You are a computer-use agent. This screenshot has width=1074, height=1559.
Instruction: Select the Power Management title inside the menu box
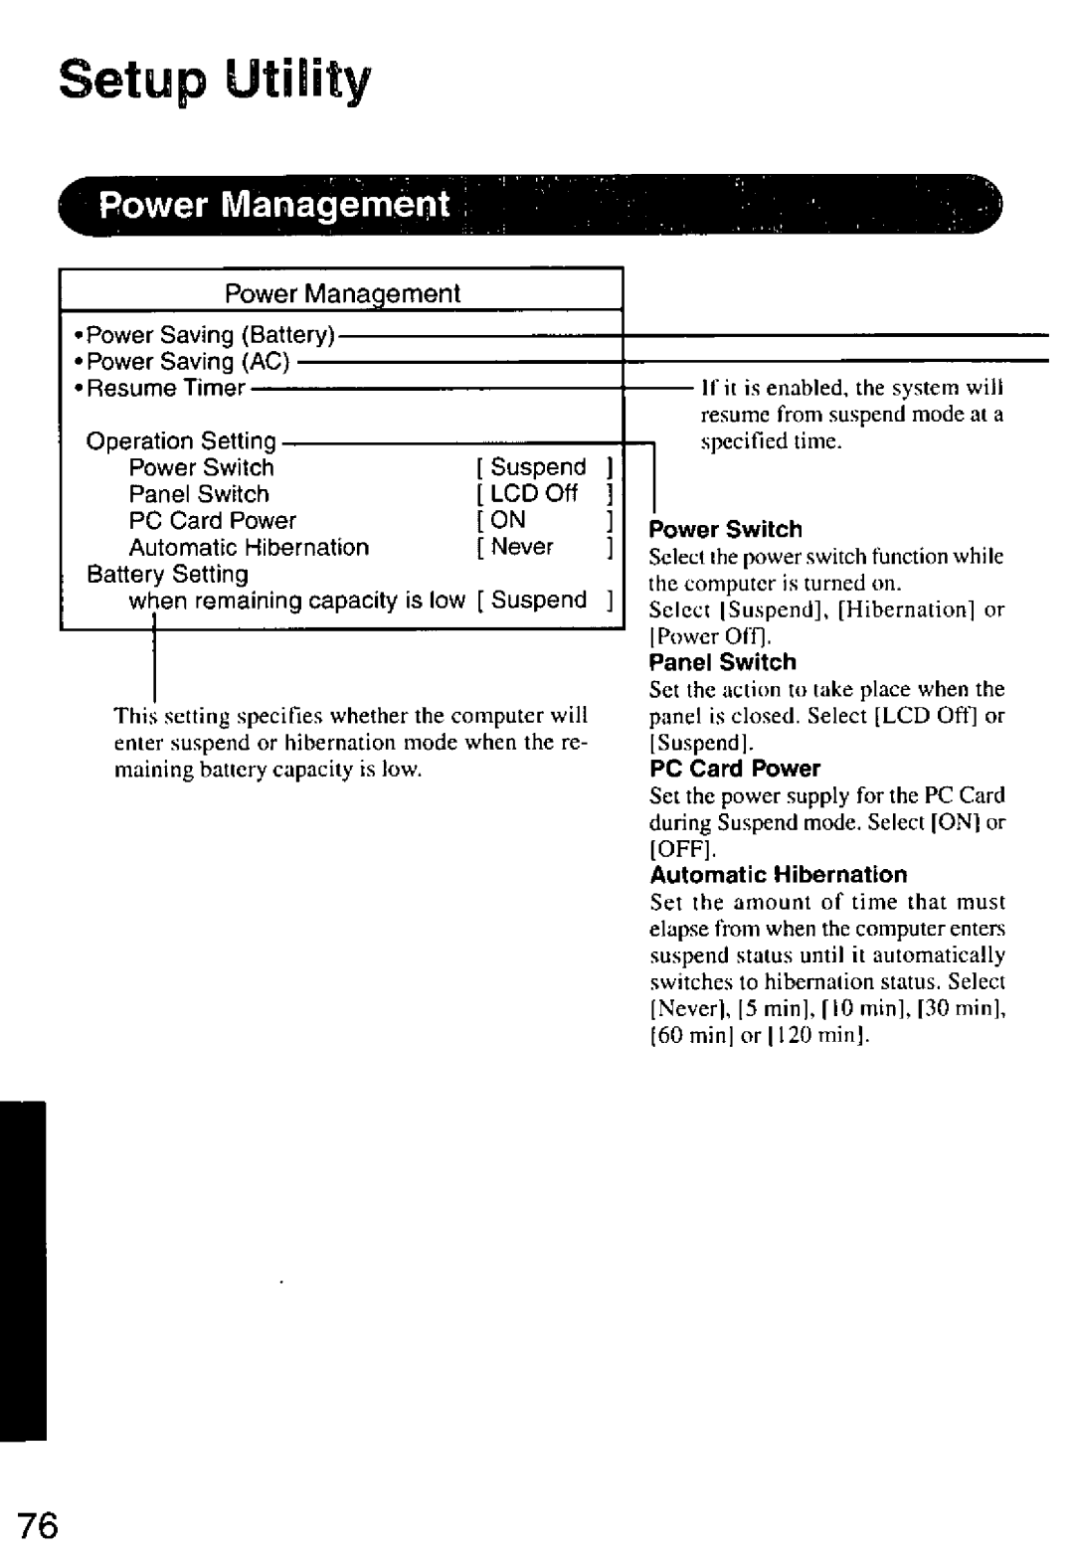pyautogui.click(x=342, y=293)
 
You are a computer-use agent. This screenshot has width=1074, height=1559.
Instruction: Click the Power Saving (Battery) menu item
pyautogui.click(x=211, y=335)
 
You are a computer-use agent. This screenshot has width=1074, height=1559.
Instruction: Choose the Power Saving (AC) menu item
pyautogui.click(x=188, y=361)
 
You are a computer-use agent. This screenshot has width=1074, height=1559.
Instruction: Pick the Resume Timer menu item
pyautogui.click(x=165, y=388)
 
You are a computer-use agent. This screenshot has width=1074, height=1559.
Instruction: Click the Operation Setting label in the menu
pyautogui.click(x=181, y=440)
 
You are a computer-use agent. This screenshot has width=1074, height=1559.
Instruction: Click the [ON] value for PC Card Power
pyautogui.click(x=508, y=520)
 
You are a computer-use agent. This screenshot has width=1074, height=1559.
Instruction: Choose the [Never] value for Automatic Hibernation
pyautogui.click(x=522, y=547)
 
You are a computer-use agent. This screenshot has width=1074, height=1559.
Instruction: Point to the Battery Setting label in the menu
pyautogui.click(x=167, y=574)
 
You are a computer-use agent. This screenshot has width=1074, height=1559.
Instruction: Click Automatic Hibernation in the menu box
pyautogui.click(x=249, y=547)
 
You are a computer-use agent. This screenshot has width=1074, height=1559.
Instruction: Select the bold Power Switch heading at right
pyautogui.click(x=726, y=529)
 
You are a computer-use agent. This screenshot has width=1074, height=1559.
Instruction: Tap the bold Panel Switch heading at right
pyautogui.click(x=723, y=662)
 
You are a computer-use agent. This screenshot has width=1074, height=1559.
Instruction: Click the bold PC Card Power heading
pyautogui.click(x=735, y=769)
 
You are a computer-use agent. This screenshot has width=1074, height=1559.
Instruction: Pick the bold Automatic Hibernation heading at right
pyautogui.click(x=779, y=875)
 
